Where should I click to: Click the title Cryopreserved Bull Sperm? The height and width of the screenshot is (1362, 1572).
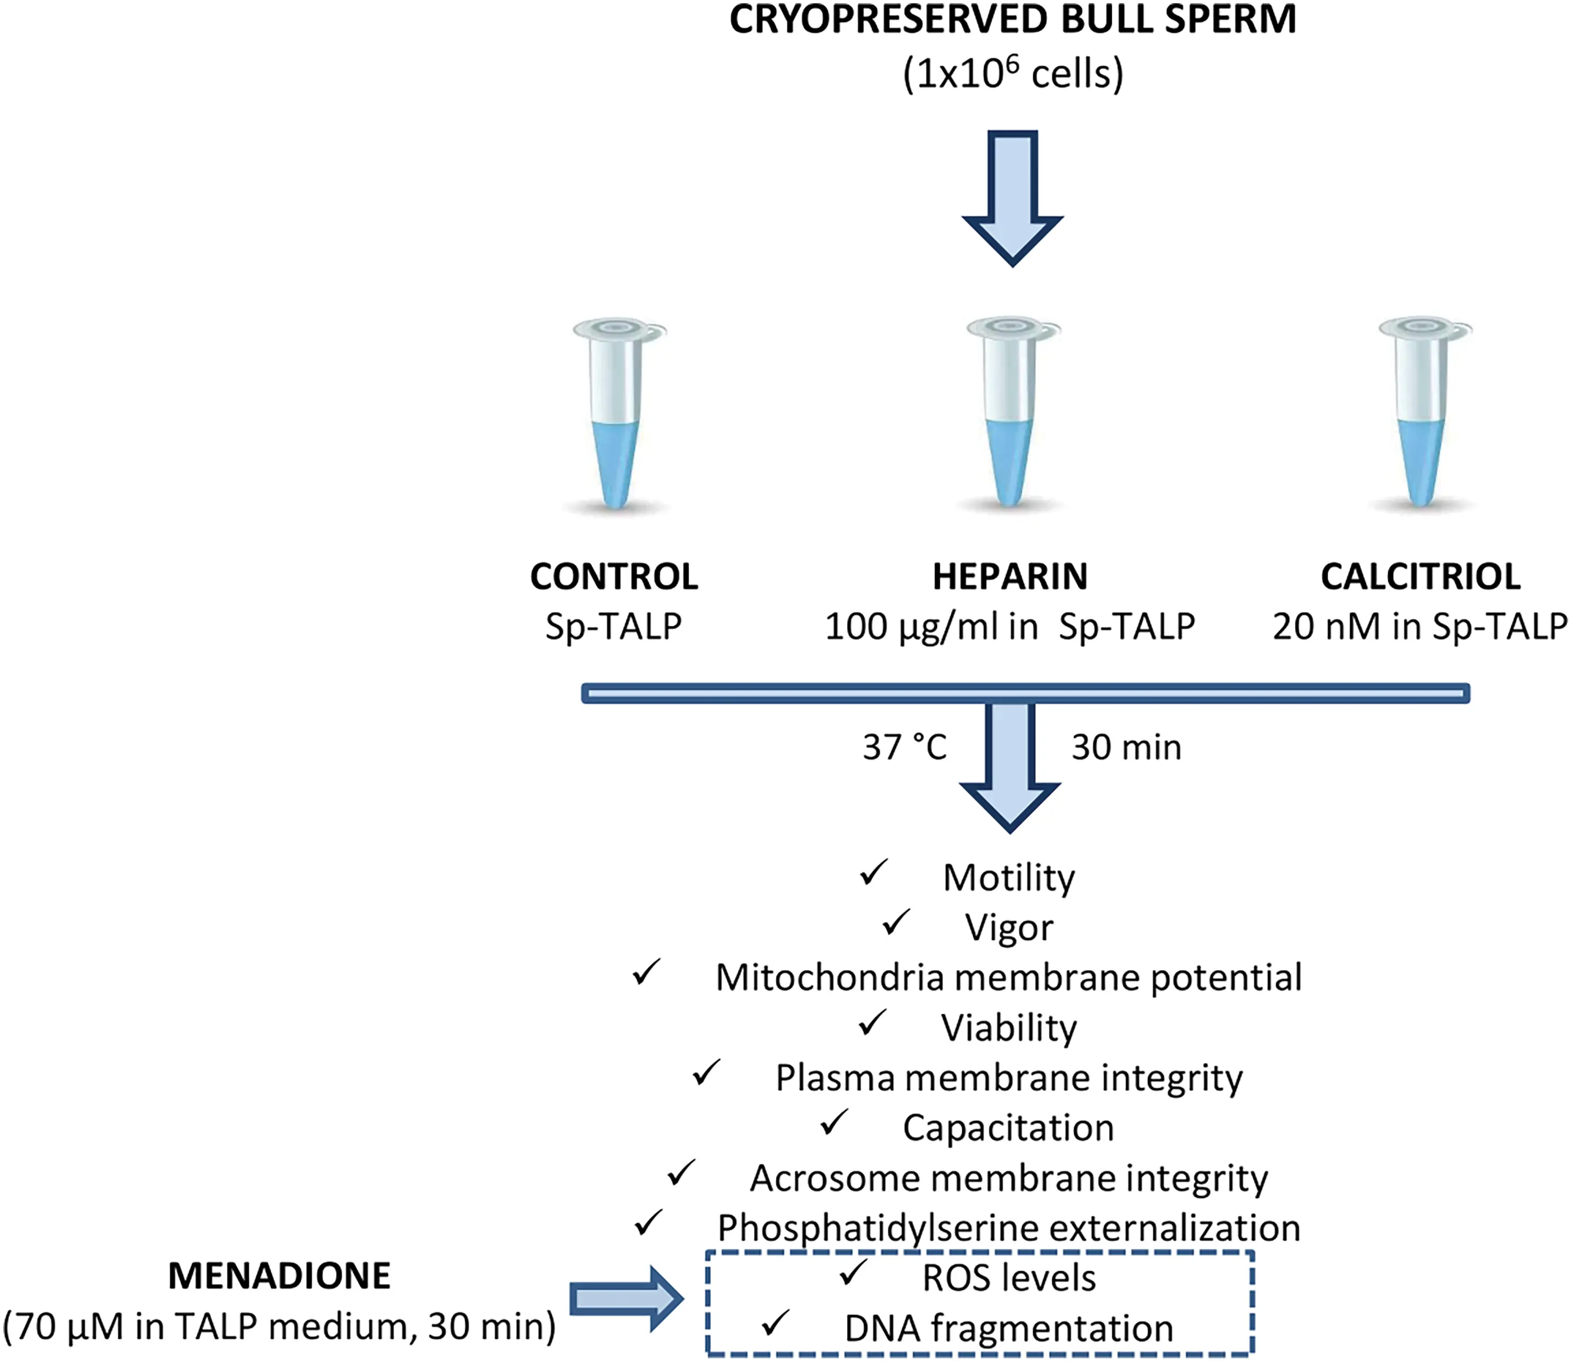(x=1013, y=20)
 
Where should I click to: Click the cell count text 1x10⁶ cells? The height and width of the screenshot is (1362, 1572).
(x=1013, y=74)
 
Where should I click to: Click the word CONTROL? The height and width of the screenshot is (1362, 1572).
(x=613, y=577)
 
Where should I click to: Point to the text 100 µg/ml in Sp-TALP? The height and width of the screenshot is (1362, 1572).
(x=1009, y=627)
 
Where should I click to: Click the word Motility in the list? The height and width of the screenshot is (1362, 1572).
(x=1009, y=879)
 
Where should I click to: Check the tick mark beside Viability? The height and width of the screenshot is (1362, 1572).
(x=872, y=1023)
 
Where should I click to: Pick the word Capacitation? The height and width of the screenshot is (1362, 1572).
(x=1008, y=1128)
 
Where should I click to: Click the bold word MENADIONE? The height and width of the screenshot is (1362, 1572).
(x=279, y=1276)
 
